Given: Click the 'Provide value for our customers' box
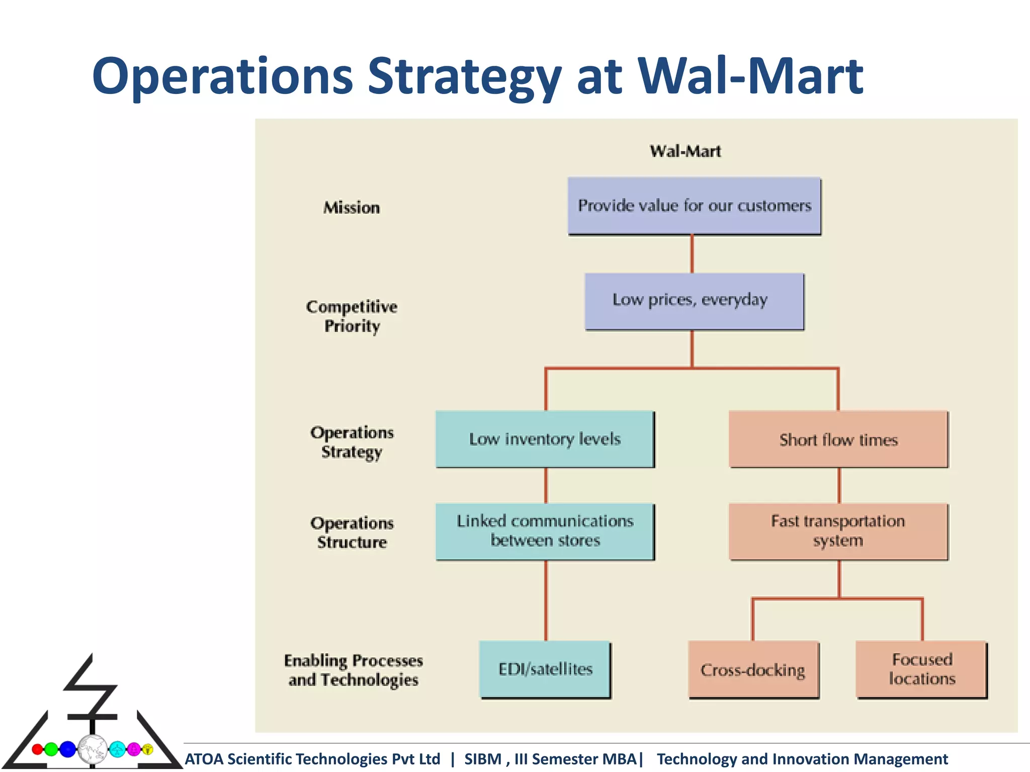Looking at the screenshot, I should (694, 206).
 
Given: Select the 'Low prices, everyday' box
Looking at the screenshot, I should (694, 301).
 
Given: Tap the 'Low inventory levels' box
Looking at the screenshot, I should (545, 439).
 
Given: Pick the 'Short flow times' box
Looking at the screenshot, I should (838, 439).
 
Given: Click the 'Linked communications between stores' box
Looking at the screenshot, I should (545, 531).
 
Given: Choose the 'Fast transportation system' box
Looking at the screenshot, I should (838, 531).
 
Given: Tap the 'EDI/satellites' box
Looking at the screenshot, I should (545, 669).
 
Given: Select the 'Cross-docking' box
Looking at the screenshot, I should (753, 669).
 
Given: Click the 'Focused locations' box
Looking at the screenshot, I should (921, 669).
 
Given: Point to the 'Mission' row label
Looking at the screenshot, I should (352, 208).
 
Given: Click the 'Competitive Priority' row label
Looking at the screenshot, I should (352, 316).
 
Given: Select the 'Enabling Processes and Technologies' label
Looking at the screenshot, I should (353, 670).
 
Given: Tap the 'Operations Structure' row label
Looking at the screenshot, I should (352, 532).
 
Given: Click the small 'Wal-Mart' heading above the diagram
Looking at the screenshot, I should (685, 151).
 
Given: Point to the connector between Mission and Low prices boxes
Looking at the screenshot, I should (692, 254).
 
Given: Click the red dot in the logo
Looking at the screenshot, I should (37, 749).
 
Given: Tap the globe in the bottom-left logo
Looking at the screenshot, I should (92, 749).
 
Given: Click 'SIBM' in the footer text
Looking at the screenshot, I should (482, 759).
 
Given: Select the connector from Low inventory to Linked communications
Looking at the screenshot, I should (546, 485).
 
